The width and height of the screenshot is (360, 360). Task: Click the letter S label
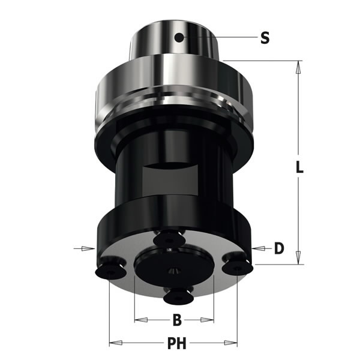[265, 38]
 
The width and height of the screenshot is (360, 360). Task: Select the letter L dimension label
[299, 167]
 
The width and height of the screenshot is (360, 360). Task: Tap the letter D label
[278, 248]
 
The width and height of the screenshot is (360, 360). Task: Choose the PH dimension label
[176, 344]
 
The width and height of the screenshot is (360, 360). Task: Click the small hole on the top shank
[178, 38]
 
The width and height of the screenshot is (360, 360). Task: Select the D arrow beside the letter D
[259, 247]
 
